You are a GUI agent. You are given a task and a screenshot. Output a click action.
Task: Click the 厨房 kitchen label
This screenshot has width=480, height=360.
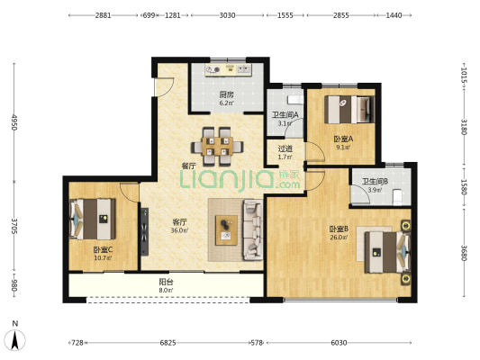click(227, 94)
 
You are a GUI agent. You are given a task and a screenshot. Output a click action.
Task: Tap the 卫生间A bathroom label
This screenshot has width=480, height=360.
click(285, 115)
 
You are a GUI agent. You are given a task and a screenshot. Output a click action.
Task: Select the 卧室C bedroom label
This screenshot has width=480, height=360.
click(103, 250)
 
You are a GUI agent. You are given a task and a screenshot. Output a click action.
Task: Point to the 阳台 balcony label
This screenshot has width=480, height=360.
click(166, 282)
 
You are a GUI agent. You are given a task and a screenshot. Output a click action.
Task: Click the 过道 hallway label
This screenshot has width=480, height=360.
click(285, 149)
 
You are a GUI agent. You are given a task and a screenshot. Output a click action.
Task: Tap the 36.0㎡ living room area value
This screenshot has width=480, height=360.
click(179, 230)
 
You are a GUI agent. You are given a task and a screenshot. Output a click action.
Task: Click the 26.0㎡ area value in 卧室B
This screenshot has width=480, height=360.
click(339, 237)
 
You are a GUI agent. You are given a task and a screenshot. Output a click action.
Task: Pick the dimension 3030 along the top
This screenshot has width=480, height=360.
click(227, 15)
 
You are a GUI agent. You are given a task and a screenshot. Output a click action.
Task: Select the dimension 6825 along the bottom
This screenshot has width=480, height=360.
click(168, 343)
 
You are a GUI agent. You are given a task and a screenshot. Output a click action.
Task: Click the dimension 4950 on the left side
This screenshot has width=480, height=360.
click(14, 122)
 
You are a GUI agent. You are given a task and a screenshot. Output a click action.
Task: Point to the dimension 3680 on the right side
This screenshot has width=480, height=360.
click(465, 253)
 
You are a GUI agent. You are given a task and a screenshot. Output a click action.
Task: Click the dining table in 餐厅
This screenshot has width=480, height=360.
click(217, 147)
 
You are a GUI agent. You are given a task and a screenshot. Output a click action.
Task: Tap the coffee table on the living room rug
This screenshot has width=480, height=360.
click(226, 230)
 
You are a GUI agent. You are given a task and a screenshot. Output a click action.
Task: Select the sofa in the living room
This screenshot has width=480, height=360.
click(253, 230)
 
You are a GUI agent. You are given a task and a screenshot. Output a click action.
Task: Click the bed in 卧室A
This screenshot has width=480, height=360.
click(349, 110)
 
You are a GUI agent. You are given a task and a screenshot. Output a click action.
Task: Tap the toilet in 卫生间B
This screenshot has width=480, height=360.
click(397, 197)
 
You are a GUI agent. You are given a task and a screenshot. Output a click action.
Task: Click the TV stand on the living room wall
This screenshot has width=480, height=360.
click(144, 231)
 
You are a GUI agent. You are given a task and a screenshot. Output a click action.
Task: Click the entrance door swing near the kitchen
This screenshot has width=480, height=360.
click(164, 87)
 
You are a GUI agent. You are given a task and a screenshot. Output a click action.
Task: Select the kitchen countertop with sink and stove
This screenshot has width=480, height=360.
click(229, 69)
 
